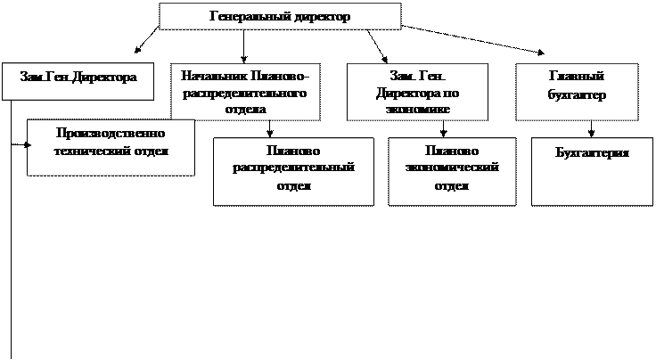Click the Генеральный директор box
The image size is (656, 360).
pos(280,17)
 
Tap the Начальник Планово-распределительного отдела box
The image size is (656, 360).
pos(245,90)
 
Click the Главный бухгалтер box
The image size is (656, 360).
pos(577,90)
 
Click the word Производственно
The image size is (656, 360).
pos(111,133)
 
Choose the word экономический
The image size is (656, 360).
pos(452,168)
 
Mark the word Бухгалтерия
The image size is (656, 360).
pos(591,152)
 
